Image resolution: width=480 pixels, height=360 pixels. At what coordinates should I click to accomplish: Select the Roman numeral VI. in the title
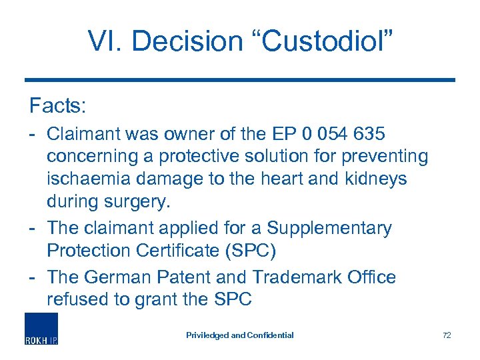pos(107,41)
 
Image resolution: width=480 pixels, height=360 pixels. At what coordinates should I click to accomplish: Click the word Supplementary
pos(329,227)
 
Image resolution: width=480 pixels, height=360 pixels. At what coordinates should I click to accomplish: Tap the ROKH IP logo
pos(41,329)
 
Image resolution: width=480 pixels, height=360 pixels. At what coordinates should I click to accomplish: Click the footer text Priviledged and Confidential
pos(240,335)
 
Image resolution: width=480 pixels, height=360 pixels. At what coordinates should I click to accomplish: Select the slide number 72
pos(447,335)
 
